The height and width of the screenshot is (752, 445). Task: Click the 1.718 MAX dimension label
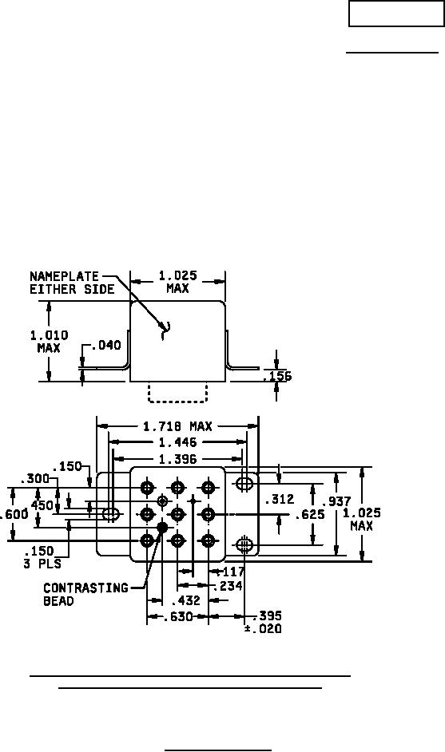pyautogui.click(x=177, y=426)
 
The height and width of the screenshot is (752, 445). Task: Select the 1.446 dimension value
pyautogui.click(x=177, y=443)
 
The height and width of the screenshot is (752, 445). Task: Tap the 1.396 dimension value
pyautogui.click(x=177, y=459)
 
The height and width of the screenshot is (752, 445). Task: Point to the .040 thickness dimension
pyautogui.click(x=105, y=346)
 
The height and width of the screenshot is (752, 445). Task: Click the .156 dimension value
pyautogui.click(x=277, y=377)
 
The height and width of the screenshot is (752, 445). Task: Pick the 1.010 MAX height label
pyautogui.click(x=49, y=342)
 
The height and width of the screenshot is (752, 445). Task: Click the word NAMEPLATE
pyautogui.click(x=65, y=276)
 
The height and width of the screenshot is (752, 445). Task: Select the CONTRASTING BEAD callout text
pyautogui.click(x=86, y=594)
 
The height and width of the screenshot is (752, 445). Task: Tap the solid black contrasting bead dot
pyautogui.click(x=162, y=527)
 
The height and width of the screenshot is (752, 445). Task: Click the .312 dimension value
pyautogui.click(x=280, y=499)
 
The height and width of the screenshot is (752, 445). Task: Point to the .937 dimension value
pyautogui.click(x=336, y=501)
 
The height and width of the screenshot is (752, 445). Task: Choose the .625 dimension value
pyautogui.click(x=310, y=515)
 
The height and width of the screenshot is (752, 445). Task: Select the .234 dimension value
pyautogui.click(x=228, y=586)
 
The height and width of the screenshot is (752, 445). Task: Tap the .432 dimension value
pyautogui.click(x=186, y=600)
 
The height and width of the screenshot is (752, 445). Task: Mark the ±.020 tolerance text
pyautogui.click(x=263, y=629)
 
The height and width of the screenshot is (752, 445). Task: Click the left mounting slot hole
pyautogui.click(x=111, y=515)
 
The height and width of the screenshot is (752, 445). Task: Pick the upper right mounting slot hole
pyautogui.click(x=244, y=482)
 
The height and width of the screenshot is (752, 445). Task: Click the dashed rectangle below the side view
pyautogui.click(x=178, y=392)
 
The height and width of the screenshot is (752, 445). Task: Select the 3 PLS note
pyautogui.click(x=42, y=564)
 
